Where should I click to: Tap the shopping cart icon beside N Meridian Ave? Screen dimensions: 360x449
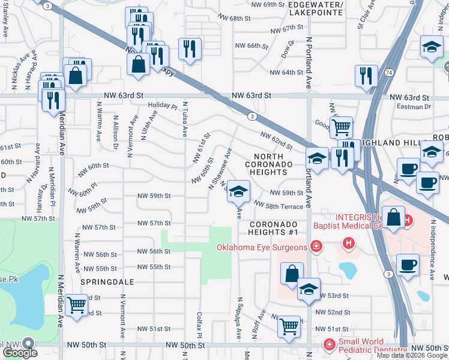[x=76, y=305]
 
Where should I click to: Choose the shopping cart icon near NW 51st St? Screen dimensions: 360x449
[x=289, y=326]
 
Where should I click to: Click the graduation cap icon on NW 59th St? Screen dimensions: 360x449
[x=238, y=191]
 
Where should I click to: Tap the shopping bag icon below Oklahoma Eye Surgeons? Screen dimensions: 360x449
[x=291, y=274]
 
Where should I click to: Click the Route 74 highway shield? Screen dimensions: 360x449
[x=390, y=72]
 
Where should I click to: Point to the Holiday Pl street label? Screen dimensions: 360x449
[x=163, y=106]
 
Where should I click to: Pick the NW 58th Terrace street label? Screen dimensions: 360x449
[x=279, y=206]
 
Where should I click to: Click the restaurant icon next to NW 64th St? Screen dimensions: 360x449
[x=365, y=76]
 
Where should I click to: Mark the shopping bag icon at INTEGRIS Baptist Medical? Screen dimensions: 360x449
[x=393, y=219]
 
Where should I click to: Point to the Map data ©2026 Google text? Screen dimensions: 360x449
[x=412, y=355]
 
